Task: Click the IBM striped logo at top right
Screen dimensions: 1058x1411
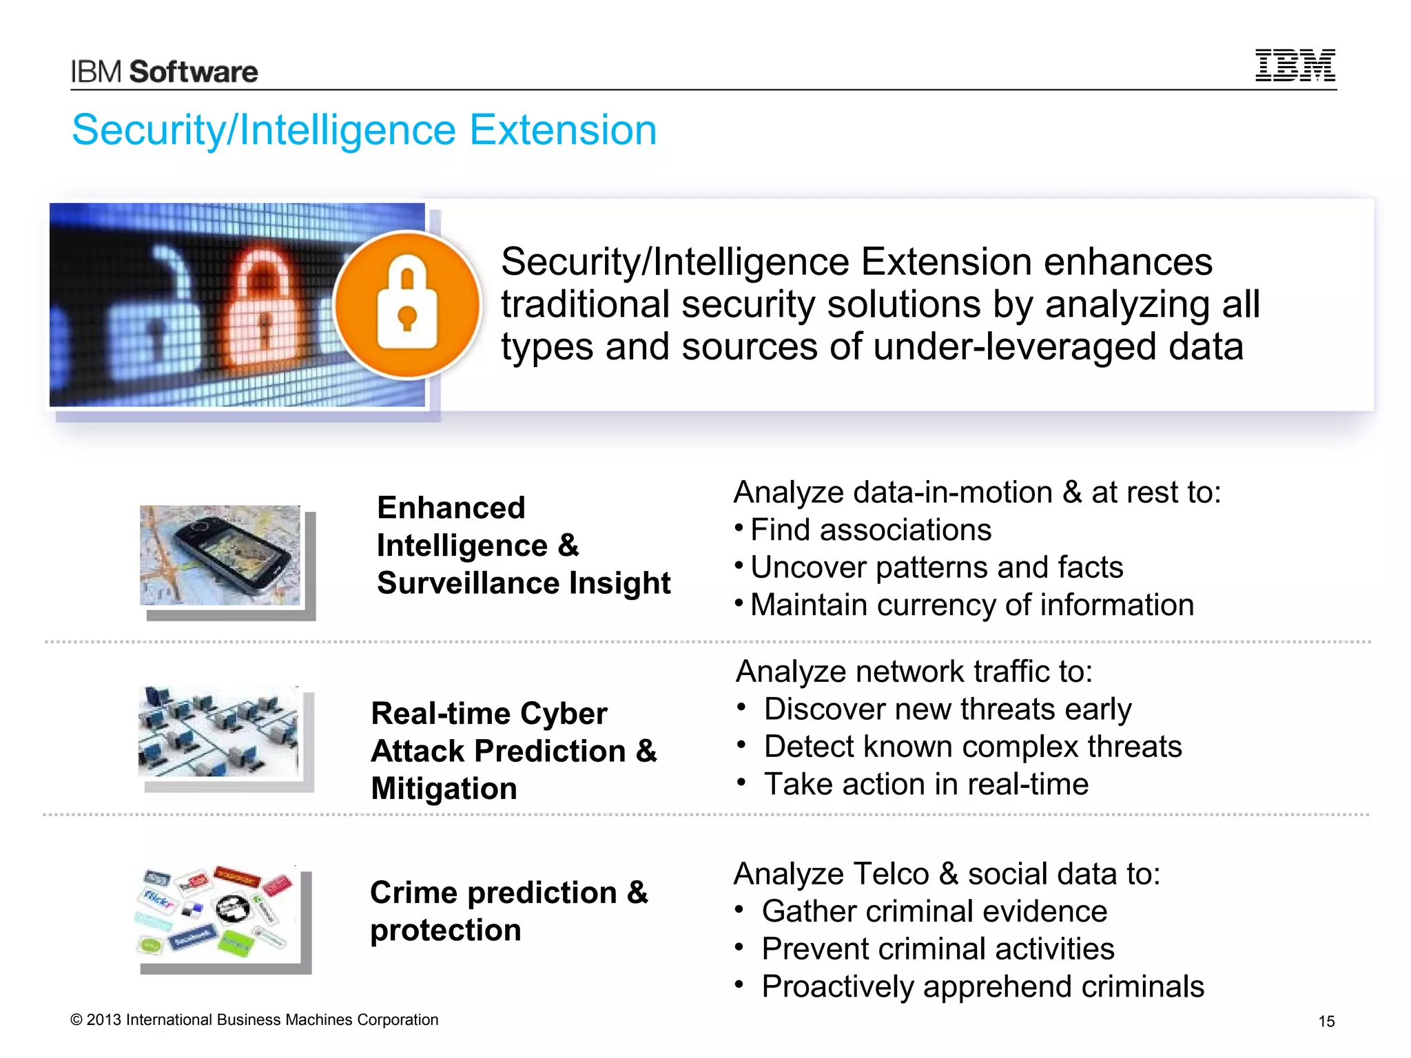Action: point(1295,65)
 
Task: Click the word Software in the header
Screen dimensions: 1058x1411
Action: point(194,72)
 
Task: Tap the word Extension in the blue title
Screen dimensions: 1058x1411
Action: point(563,130)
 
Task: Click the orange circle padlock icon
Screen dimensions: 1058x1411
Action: point(408,305)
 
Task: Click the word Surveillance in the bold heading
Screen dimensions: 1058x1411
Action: point(468,583)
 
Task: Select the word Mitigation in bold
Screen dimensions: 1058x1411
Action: point(444,789)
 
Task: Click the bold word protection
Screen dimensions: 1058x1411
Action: point(445,931)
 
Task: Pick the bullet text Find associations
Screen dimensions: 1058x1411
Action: point(870,530)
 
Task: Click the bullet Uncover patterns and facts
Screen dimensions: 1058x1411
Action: point(936,568)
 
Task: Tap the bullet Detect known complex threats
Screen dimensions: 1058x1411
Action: point(972,747)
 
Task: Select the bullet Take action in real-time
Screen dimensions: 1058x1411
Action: point(926,785)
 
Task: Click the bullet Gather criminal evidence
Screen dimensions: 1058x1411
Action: point(934,911)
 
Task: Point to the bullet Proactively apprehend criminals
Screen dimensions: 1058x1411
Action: point(982,986)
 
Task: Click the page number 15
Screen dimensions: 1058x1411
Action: point(1326,1021)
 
